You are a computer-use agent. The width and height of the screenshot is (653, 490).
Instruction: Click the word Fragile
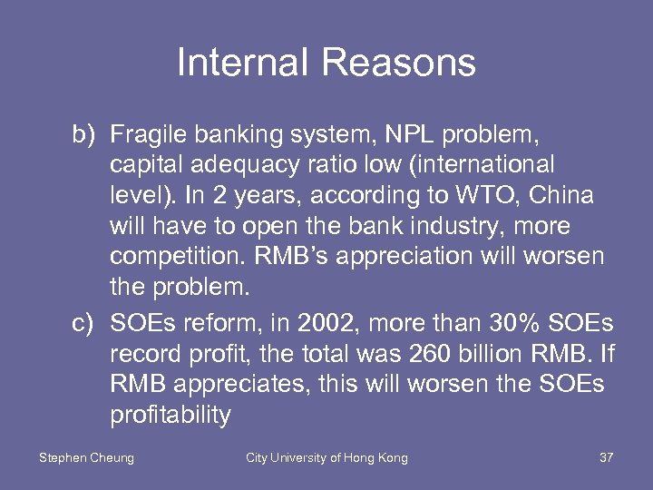point(148,136)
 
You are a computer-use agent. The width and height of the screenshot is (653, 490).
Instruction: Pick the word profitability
point(170,415)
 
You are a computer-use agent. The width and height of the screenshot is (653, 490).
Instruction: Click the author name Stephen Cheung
point(86,458)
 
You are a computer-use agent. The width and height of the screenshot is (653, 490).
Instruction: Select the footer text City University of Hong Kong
point(327,458)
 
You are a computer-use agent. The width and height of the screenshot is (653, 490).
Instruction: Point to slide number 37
point(607,458)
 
